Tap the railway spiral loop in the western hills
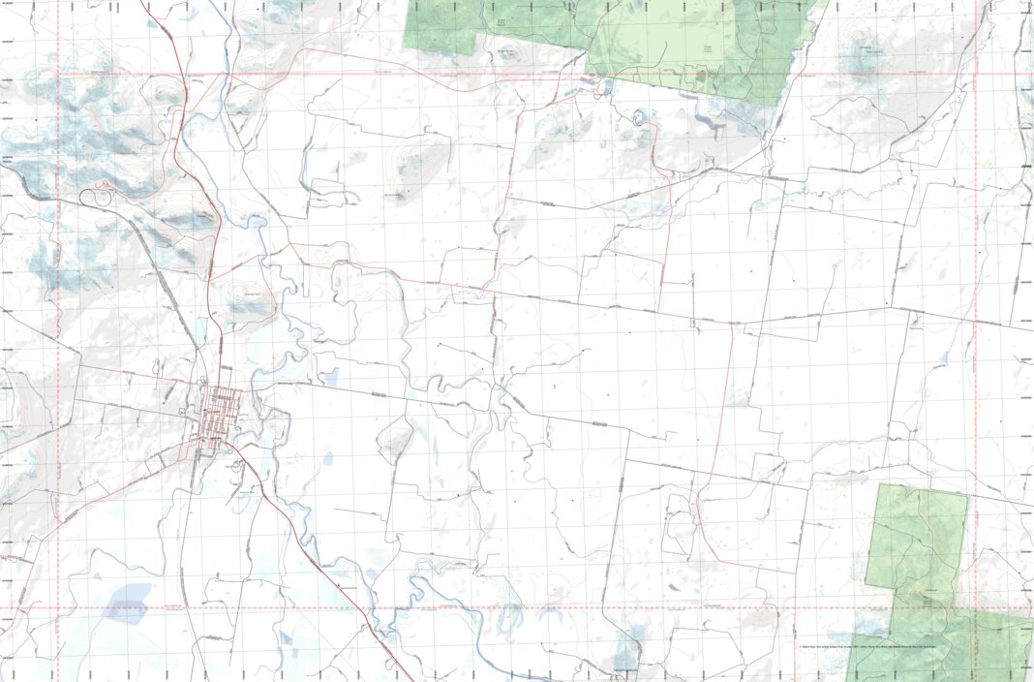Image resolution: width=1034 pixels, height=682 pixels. coord(93,198)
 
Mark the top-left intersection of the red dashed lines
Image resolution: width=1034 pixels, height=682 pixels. coord(58,74)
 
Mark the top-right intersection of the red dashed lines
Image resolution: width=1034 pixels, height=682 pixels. coord(976,74)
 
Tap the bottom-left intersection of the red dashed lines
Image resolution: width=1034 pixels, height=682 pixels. coord(58,609)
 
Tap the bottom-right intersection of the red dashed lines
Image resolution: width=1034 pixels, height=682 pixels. coord(976,609)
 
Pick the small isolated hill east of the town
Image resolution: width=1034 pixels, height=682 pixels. coord(395,441)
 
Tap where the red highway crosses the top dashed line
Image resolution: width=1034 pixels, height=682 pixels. coord(183,74)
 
